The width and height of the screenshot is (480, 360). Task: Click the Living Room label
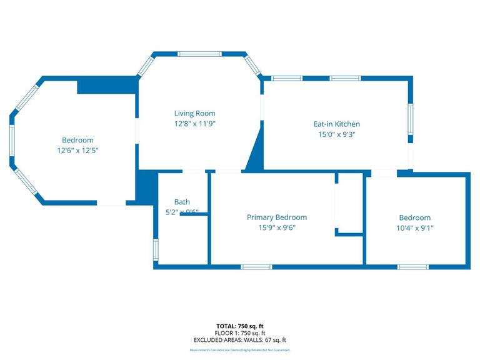point(194,113)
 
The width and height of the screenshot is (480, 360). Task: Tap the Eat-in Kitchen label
point(336,124)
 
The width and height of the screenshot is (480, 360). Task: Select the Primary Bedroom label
point(276,217)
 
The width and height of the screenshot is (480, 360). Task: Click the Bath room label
point(182,202)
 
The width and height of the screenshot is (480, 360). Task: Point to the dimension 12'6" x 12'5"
point(77,150)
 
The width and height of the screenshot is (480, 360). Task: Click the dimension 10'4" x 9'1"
point(415,228)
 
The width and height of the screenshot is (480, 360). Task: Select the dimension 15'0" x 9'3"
point(336,134)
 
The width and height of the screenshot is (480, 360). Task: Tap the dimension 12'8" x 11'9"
point(194,123)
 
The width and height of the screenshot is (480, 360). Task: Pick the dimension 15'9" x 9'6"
point(276,227)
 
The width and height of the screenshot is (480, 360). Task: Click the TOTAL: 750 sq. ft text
point(240,326)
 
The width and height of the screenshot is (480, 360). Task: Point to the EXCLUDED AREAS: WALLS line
point(240,340)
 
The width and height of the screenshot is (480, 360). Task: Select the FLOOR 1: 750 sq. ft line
point(240,333)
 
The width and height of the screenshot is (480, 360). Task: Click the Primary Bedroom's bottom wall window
point(257,267)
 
